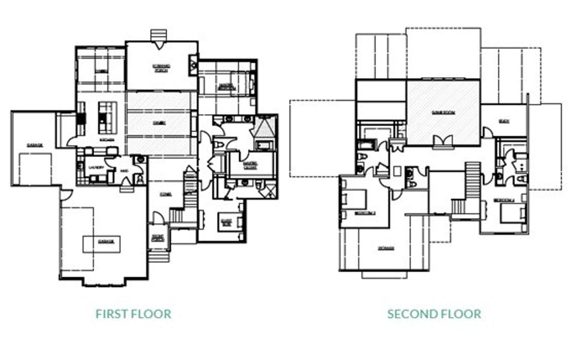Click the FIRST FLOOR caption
[133, 314]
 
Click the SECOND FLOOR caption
[434, 314]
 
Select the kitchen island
[107, 117]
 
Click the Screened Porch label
[161, 68]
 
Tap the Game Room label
[443, 113]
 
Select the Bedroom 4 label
[505, 200]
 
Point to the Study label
[505, 121]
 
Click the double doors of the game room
[443, 141]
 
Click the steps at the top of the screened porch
[158, 35]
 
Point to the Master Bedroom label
[224, 87]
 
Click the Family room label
[159, 123]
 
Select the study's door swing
[487, 132]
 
